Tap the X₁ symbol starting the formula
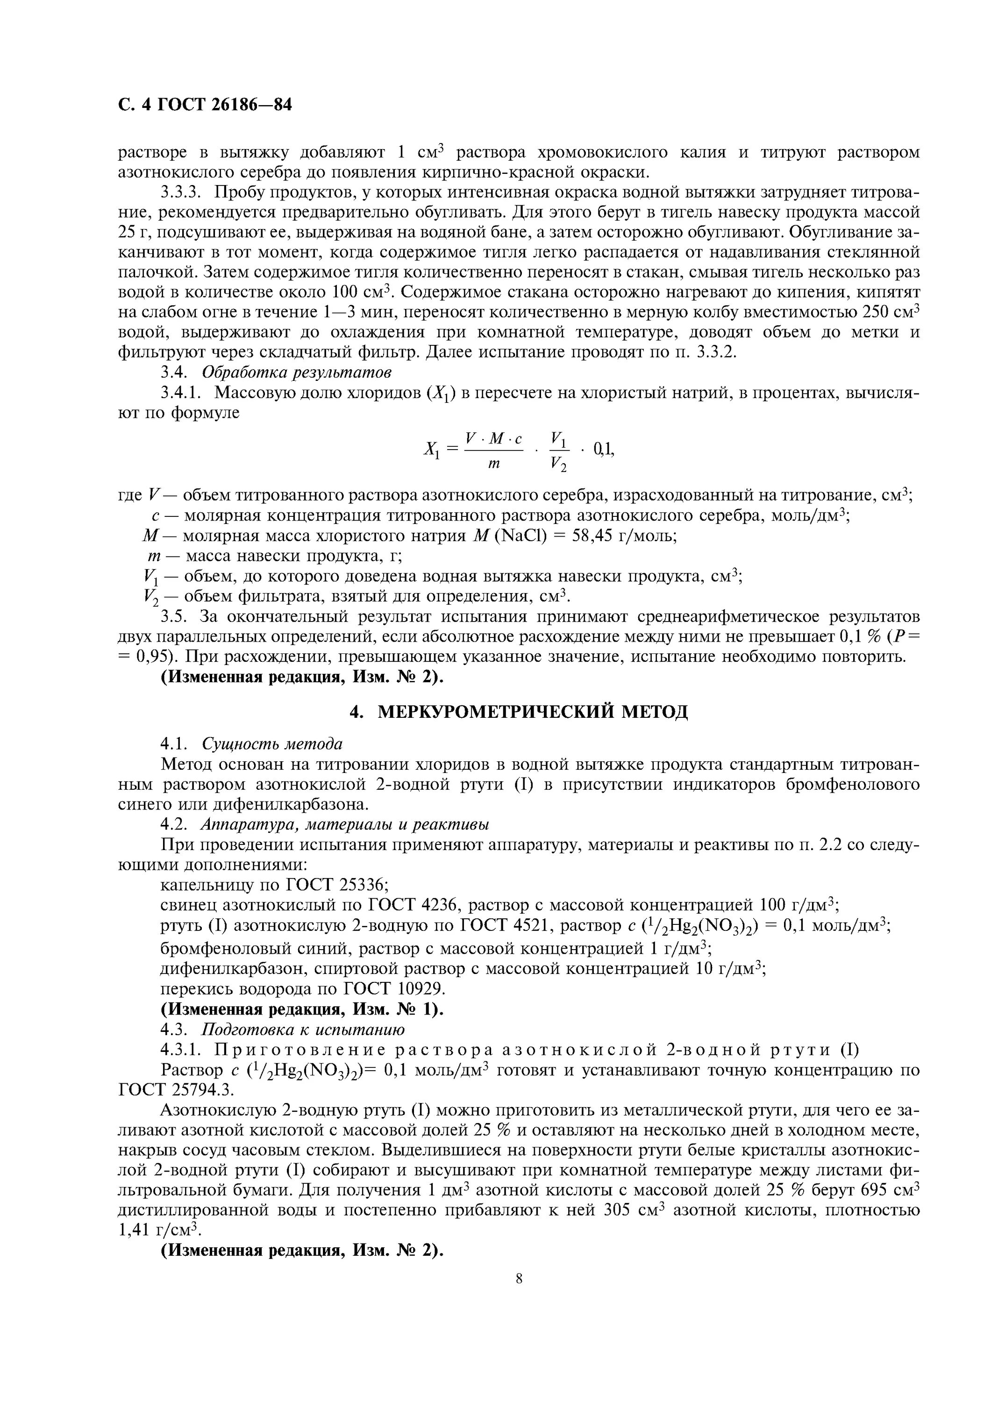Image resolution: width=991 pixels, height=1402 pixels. pos(431,451)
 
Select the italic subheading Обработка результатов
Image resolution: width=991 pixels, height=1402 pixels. pos(297,372)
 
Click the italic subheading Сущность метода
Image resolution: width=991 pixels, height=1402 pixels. pos(272,744)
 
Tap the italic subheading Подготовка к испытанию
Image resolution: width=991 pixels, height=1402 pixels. pos(303,1030)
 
